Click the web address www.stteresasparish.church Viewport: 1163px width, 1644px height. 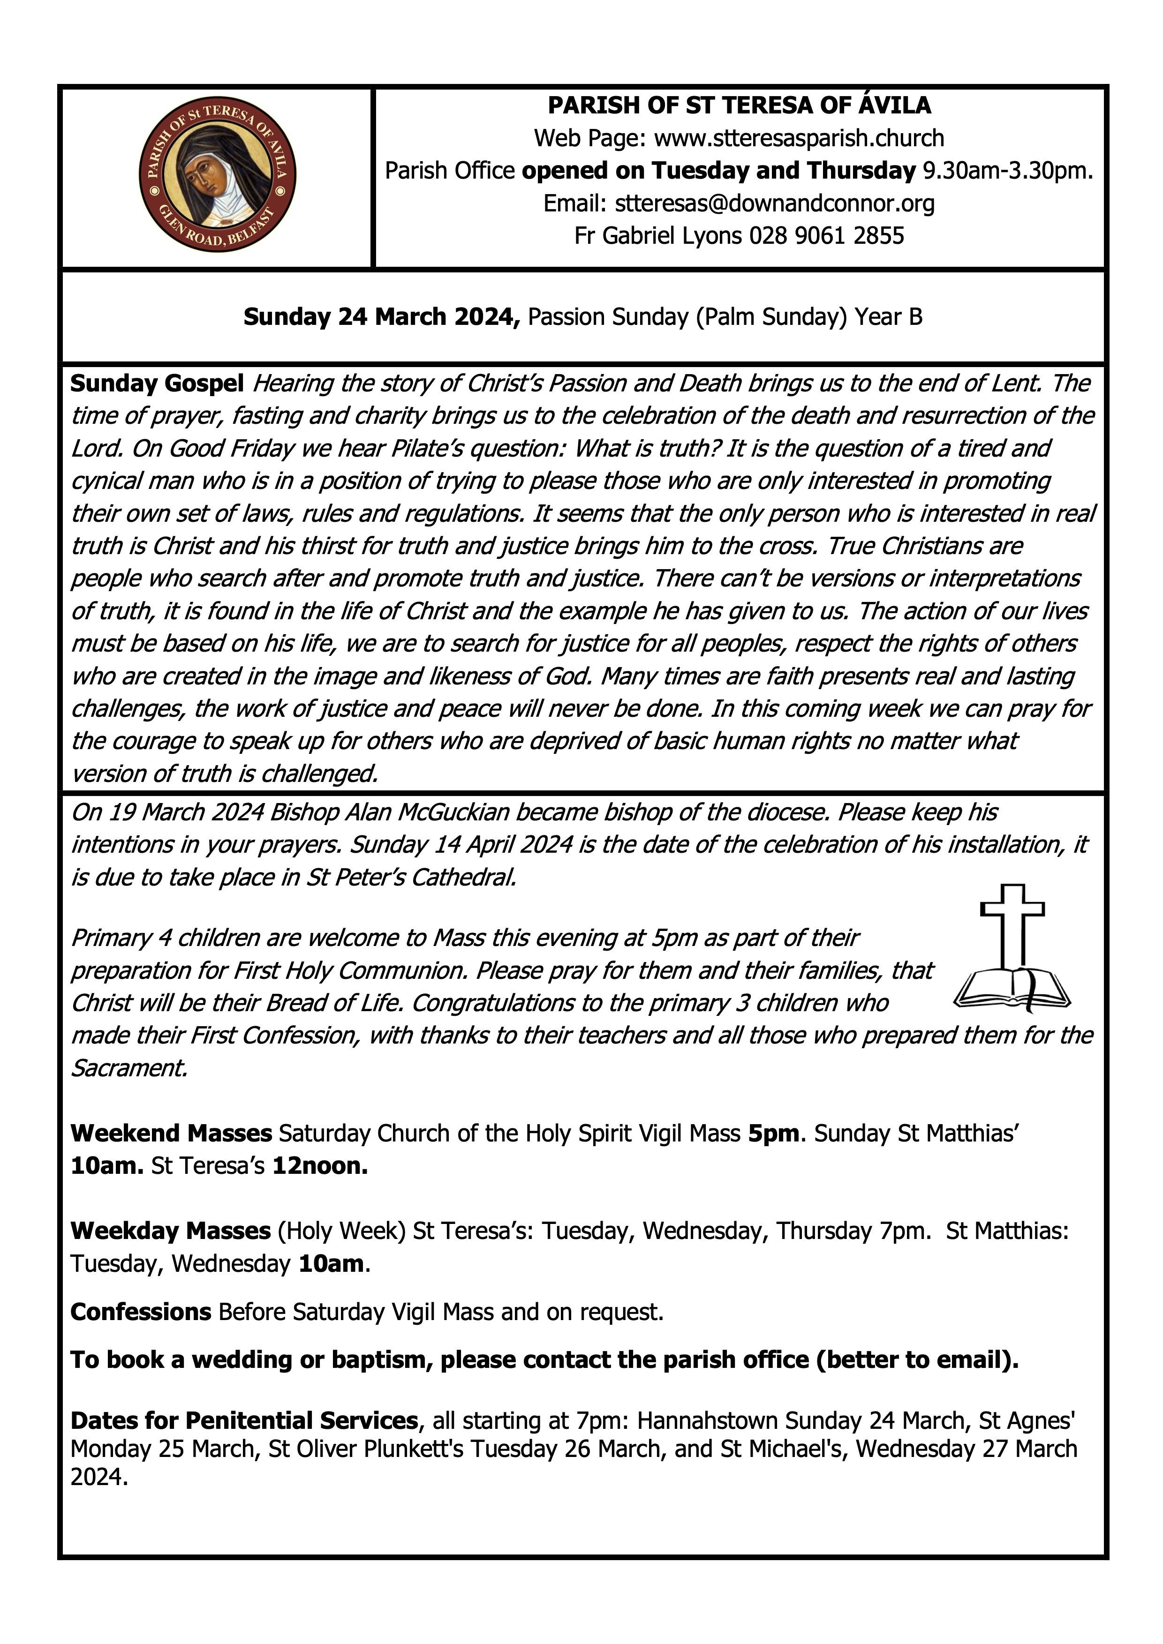coord(799,137)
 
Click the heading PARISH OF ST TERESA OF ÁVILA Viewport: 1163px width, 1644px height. coord(739,105)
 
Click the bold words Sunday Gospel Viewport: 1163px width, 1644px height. coord(157,384)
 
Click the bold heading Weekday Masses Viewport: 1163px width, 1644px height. coord(170,1231)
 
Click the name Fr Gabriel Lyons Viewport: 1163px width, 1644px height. coord(658,236)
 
